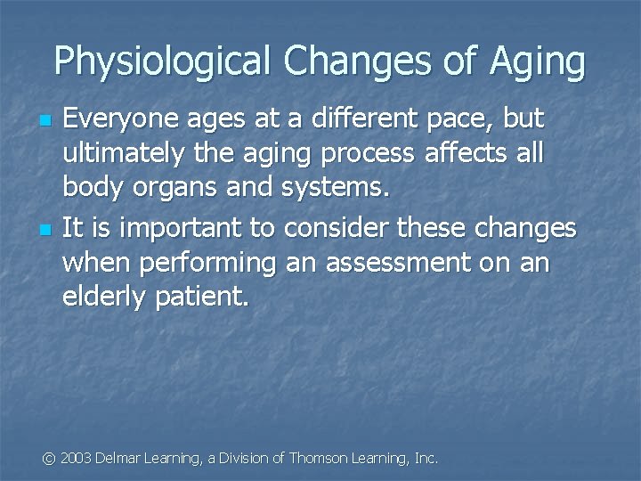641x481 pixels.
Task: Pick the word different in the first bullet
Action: click(x=345, y=118)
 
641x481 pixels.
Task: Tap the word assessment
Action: click(x=396, y=263)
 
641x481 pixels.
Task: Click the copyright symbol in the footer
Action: click(x=50, y=458)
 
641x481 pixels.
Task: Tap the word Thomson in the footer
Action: click(x=320, y=458)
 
